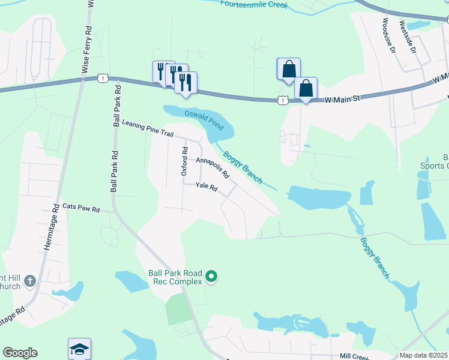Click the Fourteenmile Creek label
click(254, 5)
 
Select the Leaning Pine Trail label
click(147, 130)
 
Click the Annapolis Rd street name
click(212, 168)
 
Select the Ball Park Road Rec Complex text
click(175, 277)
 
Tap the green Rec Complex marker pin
click(211, 277)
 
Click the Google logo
click(20, 353)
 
